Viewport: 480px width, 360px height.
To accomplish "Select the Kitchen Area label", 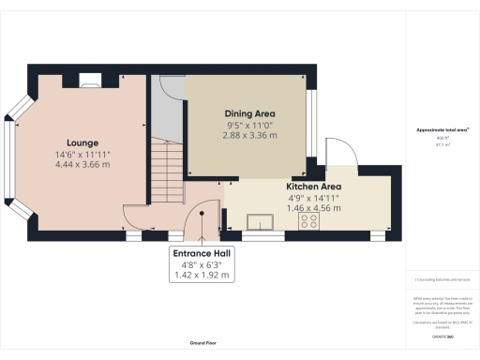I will pos(313,187).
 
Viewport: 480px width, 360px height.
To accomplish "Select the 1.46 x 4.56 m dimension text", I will pos(313,209).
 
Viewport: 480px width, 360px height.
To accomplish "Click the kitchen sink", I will pos(257,221).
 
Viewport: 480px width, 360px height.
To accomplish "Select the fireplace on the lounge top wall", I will pos(88,81).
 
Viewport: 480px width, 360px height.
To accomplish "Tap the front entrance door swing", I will pos(200,219).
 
